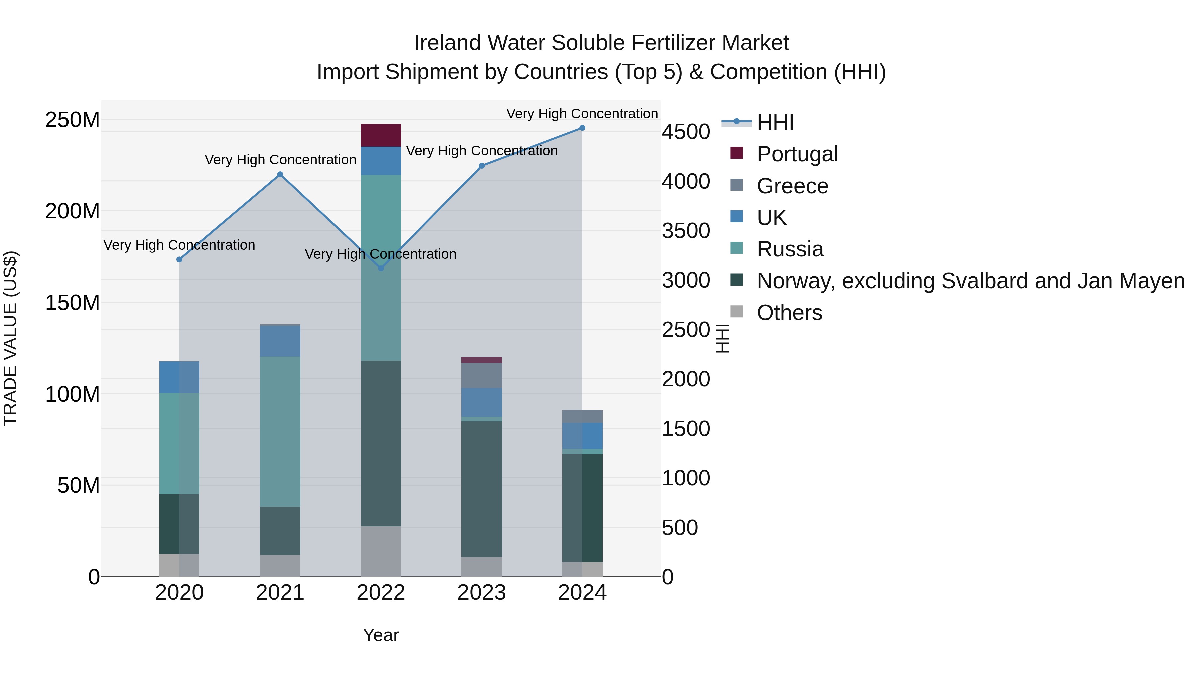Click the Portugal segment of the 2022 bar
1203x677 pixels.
pos(381,135)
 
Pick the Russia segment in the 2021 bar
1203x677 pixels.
pos(280,432)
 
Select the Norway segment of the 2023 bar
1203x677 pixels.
pos(482,489)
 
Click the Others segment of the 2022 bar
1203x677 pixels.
pos(381,551)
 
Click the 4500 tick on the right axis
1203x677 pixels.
pos(686,132)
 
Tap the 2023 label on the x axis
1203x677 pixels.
pos(482,593)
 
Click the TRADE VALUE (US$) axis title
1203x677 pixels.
pos(10,338)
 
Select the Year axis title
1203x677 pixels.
pos(381,635)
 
